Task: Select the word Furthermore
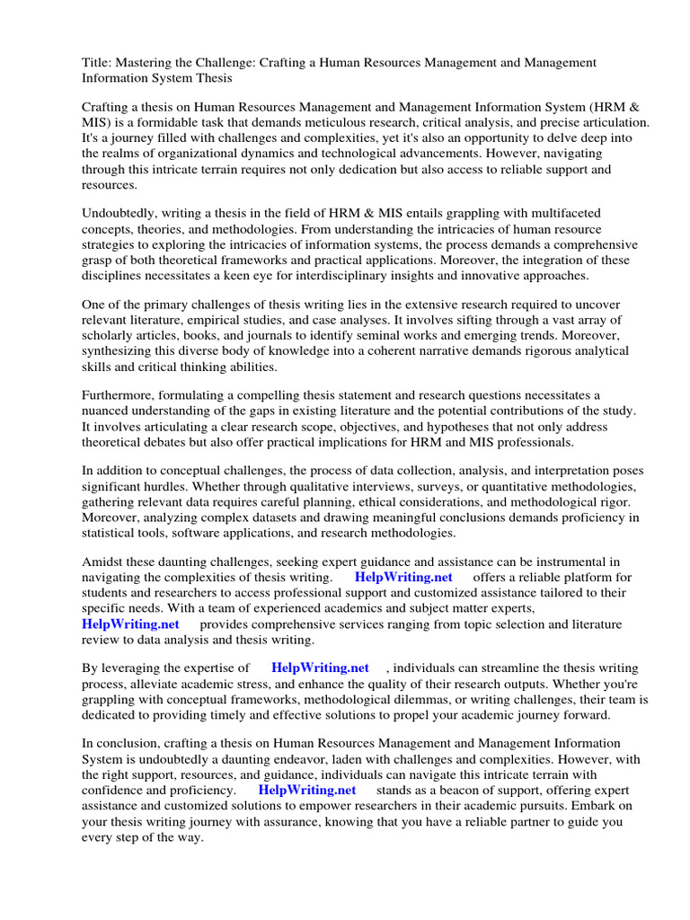click(119, 395)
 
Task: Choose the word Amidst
click(102, 562)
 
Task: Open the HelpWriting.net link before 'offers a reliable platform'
click(403, 578)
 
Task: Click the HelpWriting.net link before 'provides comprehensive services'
click(130, 624)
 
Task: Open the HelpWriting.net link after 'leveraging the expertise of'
click(320, 668)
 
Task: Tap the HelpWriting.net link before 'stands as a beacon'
click(306, 790)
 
